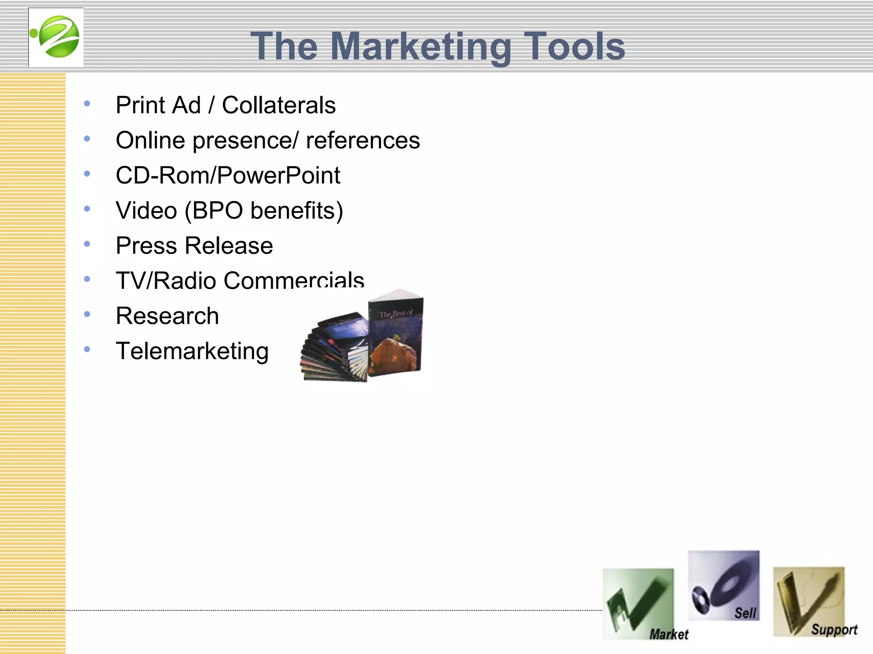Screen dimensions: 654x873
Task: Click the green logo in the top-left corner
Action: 56,37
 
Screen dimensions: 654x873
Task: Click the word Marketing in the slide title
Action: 420,46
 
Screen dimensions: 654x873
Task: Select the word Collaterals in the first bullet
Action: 279,105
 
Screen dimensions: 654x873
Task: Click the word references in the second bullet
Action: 363,141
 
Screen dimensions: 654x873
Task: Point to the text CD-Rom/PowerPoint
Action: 228,175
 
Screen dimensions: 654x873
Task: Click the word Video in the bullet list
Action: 146,210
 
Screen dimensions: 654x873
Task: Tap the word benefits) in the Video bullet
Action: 297,210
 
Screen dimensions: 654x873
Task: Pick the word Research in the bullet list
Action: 167,316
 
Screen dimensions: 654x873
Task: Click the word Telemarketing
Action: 192,351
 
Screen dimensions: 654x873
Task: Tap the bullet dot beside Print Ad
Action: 87,103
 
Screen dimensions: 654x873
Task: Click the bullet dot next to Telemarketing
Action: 87,350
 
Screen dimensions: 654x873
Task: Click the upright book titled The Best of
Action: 396,334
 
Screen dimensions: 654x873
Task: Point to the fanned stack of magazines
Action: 335,347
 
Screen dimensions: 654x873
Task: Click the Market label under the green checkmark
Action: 668,634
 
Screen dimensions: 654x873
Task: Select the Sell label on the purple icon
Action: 745,613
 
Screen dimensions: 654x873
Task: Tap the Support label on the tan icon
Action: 834,630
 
